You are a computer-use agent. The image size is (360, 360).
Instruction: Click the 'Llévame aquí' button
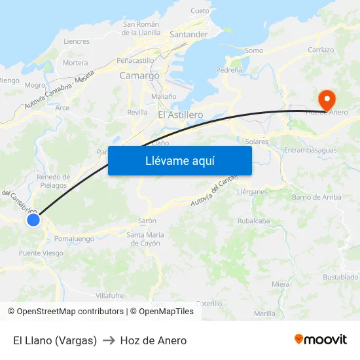[x=180, y=160]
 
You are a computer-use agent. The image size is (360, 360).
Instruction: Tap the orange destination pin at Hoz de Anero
[x=326, y=100]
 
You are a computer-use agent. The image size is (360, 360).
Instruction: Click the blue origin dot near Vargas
[x=33, y=221]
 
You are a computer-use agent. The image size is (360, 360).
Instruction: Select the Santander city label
[x=189, y=35]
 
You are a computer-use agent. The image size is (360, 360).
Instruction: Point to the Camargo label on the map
[x=139, y=76]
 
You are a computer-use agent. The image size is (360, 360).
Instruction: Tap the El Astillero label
[x=181, y=115]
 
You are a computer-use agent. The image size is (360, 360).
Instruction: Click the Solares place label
[x=257, y=141]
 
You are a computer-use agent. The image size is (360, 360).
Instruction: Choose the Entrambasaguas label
[x=311, y=151]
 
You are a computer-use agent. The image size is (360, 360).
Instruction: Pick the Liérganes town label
[x=252, y=192]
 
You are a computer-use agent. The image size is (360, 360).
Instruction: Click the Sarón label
[x=147, y=221]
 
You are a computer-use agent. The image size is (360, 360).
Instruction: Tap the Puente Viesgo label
[x=41, y=253]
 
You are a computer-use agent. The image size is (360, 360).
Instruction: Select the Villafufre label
[x=110, y=295]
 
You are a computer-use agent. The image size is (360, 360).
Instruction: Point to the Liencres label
[x=77, y=41]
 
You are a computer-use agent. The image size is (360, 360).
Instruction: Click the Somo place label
[x=254, y=50]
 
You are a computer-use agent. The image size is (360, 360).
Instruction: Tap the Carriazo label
[x=321, y=50]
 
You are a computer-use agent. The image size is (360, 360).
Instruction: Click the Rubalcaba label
[x=253, y=221]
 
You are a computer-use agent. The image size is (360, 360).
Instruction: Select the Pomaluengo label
[x=75, y=239]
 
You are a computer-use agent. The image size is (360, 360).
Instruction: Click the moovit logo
[x=321, y=340]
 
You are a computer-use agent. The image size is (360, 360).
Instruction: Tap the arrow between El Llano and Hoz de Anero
[x=109, y=340]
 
